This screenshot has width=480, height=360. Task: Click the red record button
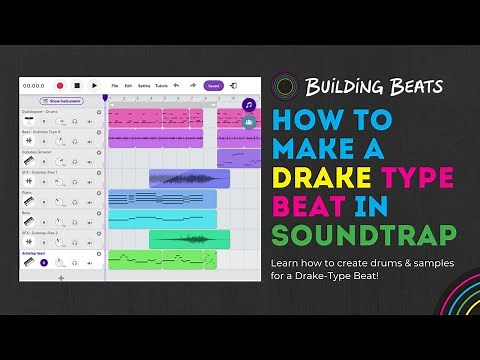coord(60,86)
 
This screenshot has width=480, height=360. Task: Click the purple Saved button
coord(213,86)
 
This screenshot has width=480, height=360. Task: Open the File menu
coord(115,86)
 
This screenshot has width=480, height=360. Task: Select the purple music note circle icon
coord(249,104)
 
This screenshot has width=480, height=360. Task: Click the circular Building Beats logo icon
coord(286,87)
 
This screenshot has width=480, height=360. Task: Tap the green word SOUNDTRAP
coord(364,235)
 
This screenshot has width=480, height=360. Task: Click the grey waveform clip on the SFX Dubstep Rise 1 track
coord(189,178)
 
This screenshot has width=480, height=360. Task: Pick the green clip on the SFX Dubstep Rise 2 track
coord(189,239)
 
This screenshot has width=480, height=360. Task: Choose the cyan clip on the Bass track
coord(162,218)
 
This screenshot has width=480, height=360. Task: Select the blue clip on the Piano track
coord(162,198)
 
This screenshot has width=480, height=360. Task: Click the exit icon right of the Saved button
coord(233,86)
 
